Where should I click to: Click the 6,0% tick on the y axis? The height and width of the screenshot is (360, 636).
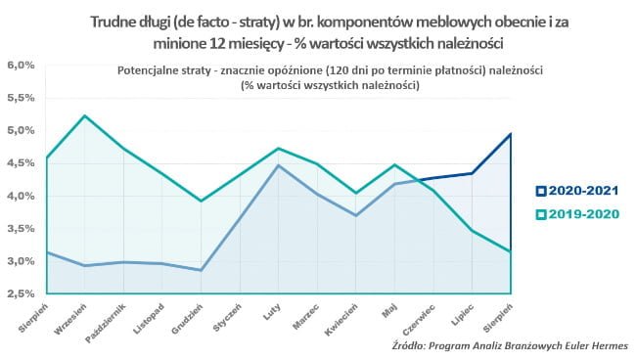[x=22, y=66]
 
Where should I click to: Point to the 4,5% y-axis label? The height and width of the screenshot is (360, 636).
[x=22, y=163]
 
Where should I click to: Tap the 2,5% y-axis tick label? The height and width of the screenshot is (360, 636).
[x=22, y=293]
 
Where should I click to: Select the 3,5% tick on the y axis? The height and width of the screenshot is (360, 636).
[x=22, y=228]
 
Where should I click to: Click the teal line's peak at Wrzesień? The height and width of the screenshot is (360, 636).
[x=86, y=115]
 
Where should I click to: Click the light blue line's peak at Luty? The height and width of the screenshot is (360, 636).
[x=279, y=165]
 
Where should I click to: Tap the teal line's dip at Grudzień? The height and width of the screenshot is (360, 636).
[x=202, y=201]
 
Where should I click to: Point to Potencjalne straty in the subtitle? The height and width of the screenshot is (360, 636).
[x=159, y=71]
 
